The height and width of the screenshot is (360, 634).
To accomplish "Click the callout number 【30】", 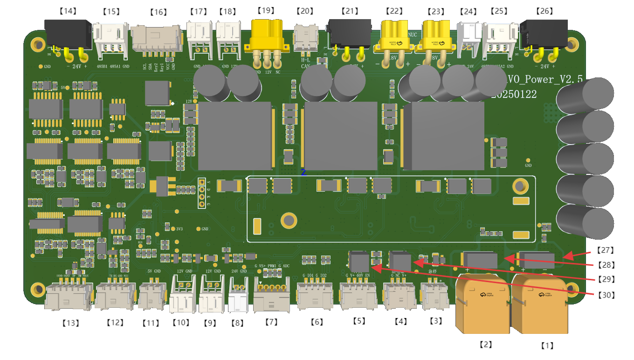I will [x=606, y=295].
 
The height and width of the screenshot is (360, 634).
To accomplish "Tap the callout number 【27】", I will [x=606, y=250].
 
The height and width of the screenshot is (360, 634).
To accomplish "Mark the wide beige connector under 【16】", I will [x=155, y=38].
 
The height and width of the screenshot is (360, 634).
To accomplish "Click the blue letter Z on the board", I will [x=303, y=173].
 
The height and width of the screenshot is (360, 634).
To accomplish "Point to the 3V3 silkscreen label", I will [x=179, y=228].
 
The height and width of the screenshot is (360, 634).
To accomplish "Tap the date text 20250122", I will [x=514, y=95].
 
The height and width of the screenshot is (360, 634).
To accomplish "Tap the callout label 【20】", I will [x=305, y=10].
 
